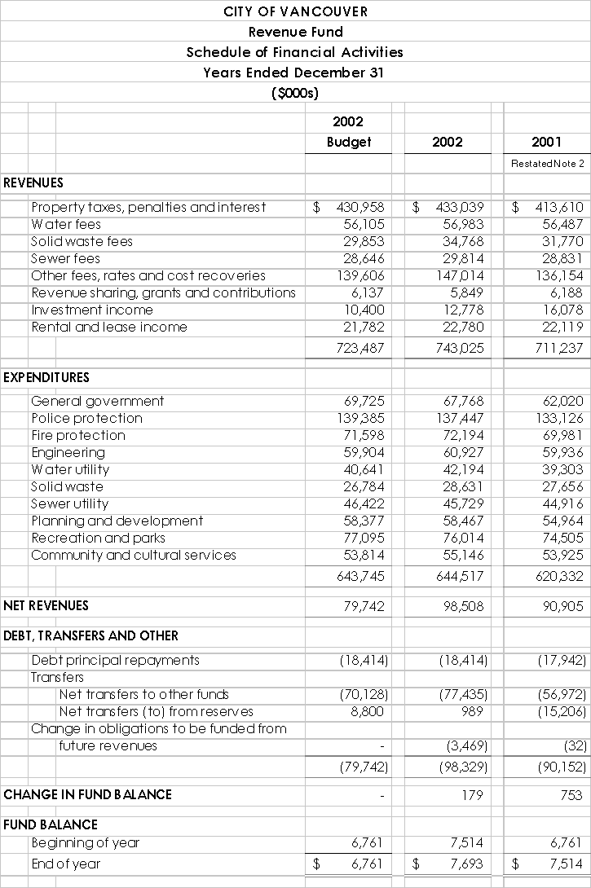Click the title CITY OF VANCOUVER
pos(295,11)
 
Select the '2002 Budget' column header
pos(348,132)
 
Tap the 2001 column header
pos(546,142)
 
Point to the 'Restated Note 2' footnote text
pos(548,164)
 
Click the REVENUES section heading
pos(33,182)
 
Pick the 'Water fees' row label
pos(66,224)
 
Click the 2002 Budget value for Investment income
pos(364,310)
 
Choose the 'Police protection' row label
pos(86,418)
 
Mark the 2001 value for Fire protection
pos(562,435)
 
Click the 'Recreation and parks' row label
pos(98,538)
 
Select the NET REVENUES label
pos(46,605)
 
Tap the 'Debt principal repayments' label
pos(115,660)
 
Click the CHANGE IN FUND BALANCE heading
pos(87,794)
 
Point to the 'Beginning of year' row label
pos(85,843)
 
